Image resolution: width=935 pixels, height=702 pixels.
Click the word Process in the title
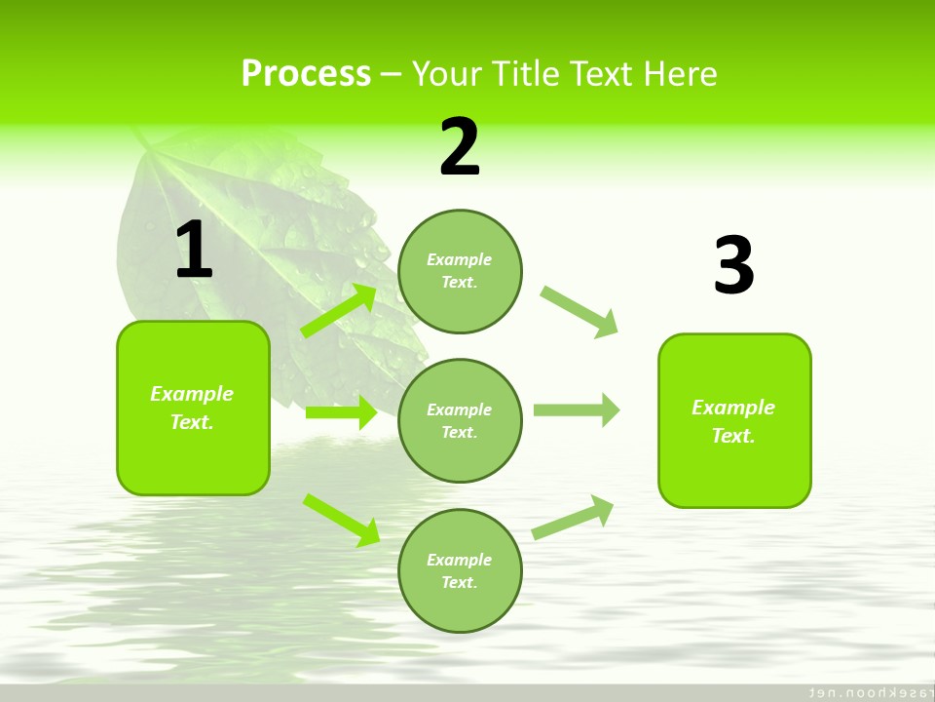coord(306,74)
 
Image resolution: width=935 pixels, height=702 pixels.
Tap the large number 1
coord(193,251)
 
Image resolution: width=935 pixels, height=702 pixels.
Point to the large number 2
coord(460,147)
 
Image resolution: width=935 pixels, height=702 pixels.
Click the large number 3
coord(733,265)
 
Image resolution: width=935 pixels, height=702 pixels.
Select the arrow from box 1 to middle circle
coord(341,412)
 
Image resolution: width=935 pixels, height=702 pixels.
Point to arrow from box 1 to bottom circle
coord(341,519)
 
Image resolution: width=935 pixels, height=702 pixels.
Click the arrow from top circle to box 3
coord(579,310)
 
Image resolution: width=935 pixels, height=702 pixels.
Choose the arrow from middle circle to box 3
coord(576,409)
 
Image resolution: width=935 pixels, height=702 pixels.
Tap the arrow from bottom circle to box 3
coord(573,517)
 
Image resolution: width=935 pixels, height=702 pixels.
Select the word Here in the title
coord(678,74)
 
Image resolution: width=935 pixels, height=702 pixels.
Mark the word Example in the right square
coord(733,408)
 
